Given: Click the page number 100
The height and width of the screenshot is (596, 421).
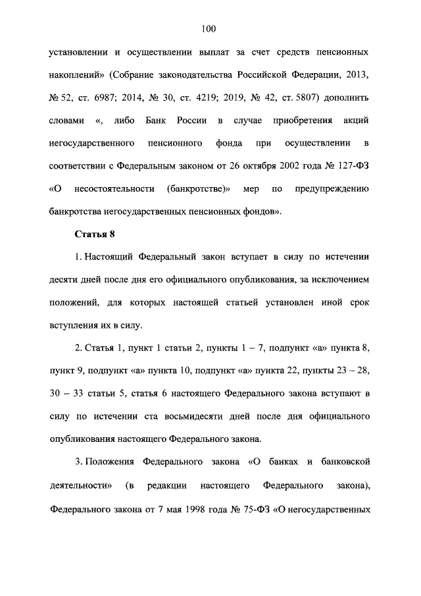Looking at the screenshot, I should [x=209, y=28].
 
